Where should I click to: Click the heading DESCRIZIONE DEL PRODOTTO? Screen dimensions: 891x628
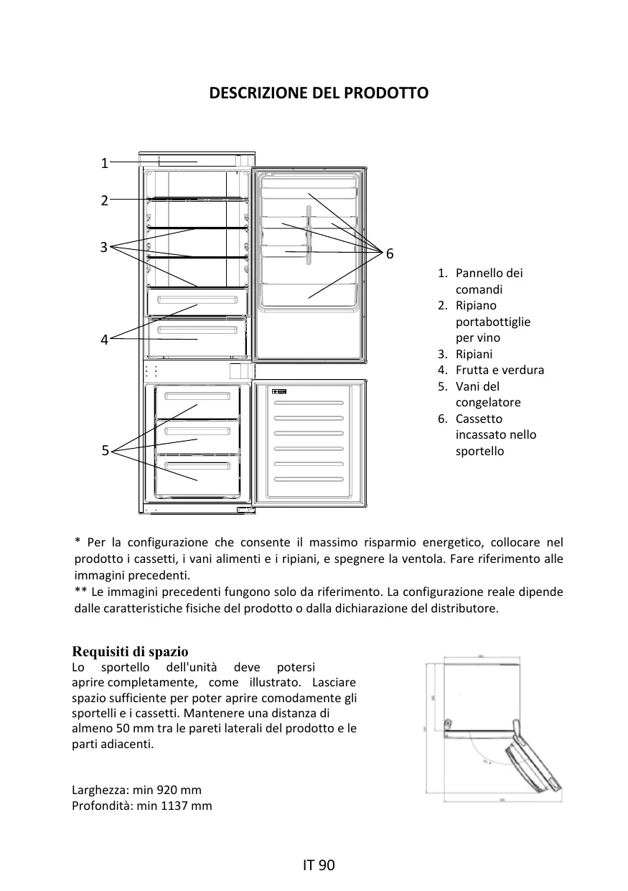point(319,93)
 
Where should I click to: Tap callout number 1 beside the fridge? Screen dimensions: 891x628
point(104,163)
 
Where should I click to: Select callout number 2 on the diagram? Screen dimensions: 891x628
point(104,200)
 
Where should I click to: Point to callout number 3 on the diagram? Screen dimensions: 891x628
point(103,247)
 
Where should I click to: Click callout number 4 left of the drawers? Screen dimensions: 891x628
point(104,340)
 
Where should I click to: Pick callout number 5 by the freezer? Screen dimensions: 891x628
point(105,451)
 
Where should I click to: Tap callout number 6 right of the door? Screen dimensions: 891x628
point(389,253)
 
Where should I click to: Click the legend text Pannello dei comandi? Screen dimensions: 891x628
point(489,281)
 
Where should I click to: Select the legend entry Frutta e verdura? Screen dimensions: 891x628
point(500,370)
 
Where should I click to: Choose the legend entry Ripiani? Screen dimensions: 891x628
point(474,354)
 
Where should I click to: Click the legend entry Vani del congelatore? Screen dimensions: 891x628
point(487,394)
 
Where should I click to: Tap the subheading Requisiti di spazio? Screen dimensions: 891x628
point(131,652)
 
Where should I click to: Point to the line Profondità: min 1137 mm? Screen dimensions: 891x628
point(142,806)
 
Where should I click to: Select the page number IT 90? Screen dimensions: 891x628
point(319,865)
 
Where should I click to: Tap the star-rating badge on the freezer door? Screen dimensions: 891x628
point(279,392)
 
